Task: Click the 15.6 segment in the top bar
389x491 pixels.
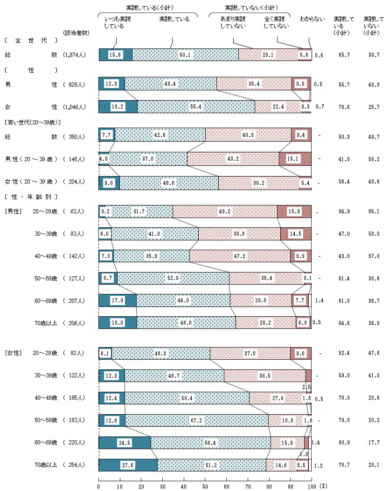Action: click(x=115, y=55)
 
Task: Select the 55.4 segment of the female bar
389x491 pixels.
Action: click(x=196, y=107)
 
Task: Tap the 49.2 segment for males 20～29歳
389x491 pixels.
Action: click(x=225, y=211)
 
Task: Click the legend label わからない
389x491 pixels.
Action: click(x=312, y=19)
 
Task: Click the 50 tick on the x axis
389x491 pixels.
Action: click(x=205, y=486)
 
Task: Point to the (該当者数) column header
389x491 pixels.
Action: click(x=76, y=32)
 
